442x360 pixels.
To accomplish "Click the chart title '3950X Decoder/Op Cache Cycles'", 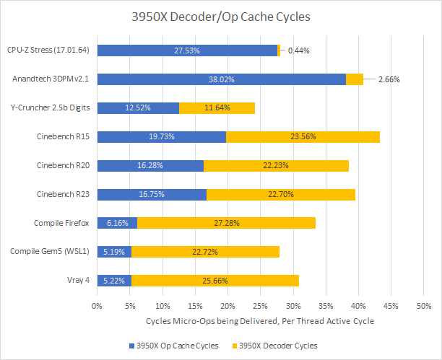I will [220, 17].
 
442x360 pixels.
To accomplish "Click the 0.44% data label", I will [300, 51].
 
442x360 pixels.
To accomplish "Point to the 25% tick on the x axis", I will [261, 306].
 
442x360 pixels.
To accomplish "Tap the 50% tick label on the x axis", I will [424, 306].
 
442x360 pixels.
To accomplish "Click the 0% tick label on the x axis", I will [97, 306].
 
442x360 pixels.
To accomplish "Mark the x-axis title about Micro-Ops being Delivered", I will [260, 320].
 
